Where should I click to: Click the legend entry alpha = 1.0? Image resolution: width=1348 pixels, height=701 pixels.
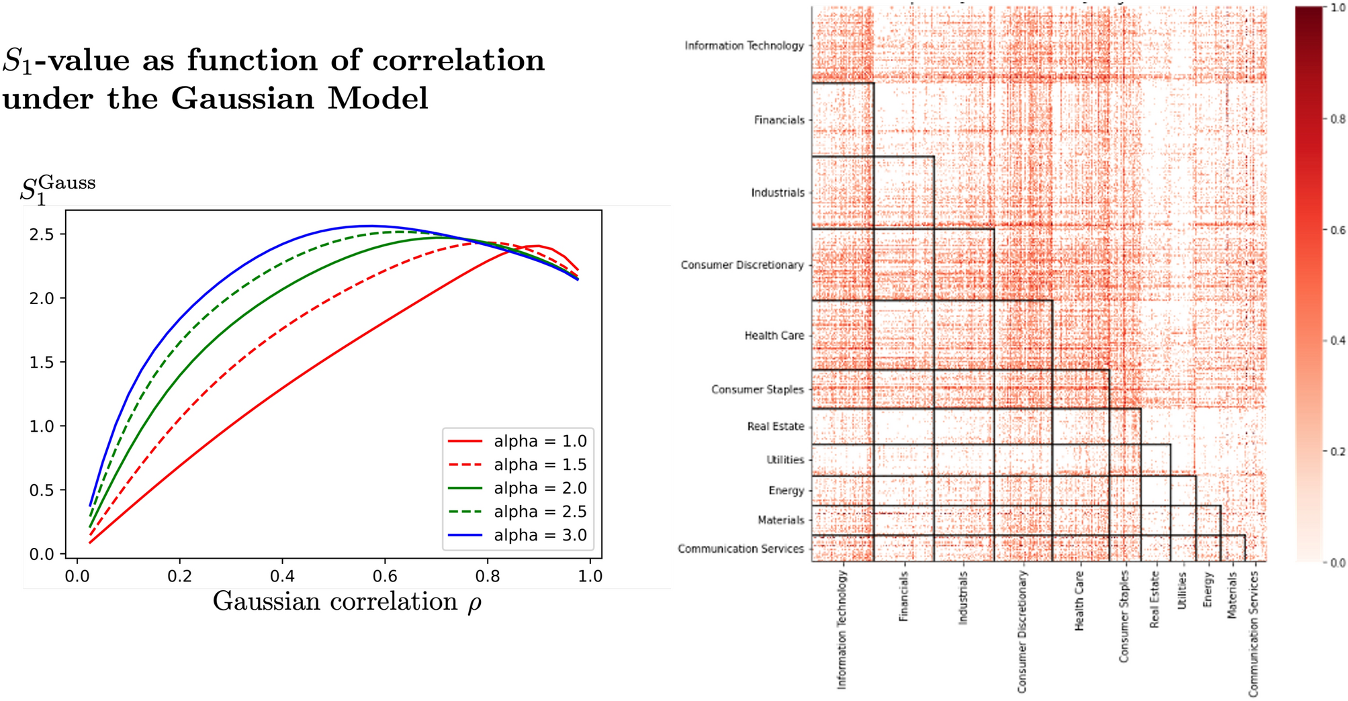pos(539,441)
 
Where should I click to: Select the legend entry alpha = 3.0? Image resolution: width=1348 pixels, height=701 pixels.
pos(539,535)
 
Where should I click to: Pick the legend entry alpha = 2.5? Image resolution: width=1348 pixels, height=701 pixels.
pos(539,512)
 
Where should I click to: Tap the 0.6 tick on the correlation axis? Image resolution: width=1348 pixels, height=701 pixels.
pos(385,576)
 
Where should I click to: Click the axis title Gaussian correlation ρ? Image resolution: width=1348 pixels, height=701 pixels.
pos(347,602)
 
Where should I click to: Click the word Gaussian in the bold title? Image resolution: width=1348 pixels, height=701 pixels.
pos(242,99)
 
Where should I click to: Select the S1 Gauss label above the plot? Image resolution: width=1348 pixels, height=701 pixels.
pos(57,190)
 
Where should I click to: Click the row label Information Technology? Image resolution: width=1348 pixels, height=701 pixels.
pos(744,46)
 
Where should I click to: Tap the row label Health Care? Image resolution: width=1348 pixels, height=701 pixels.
pos(774,335)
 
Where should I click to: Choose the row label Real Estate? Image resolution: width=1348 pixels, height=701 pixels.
pos(775,426)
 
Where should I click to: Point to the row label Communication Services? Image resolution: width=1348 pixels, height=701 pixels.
pos(740,549)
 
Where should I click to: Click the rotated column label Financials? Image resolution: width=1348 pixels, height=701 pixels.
pos(903,596)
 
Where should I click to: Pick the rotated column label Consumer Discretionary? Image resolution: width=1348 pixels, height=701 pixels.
pos(1022,631)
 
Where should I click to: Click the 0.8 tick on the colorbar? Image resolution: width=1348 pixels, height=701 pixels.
pos(1337,120)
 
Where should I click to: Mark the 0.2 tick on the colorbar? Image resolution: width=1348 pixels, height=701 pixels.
pos(1337,451)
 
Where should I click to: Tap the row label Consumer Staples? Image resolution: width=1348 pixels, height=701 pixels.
pos(757,389)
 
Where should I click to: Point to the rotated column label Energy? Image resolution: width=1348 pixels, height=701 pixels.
pos(1208,590)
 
